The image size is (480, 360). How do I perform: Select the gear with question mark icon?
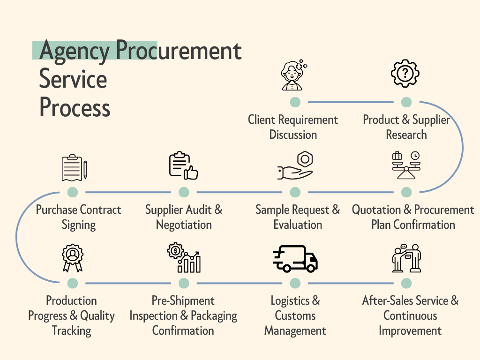point(405,74)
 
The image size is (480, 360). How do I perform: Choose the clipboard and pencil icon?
point(74,168)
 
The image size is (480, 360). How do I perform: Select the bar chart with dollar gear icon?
point(184,257)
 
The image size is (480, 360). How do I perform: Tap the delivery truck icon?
point(295,258)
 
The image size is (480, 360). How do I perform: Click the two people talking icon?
point(406,257)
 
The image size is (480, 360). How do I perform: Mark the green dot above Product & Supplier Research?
point(406,102)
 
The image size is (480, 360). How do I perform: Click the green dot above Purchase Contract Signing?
point(73,192)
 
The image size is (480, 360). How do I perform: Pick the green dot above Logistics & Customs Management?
point(295,283)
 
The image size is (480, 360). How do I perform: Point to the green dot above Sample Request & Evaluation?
point(295,192)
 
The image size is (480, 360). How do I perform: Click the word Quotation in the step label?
point(375,210)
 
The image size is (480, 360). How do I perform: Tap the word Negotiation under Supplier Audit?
point(184,225)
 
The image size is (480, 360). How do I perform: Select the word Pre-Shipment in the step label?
point(183,300)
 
